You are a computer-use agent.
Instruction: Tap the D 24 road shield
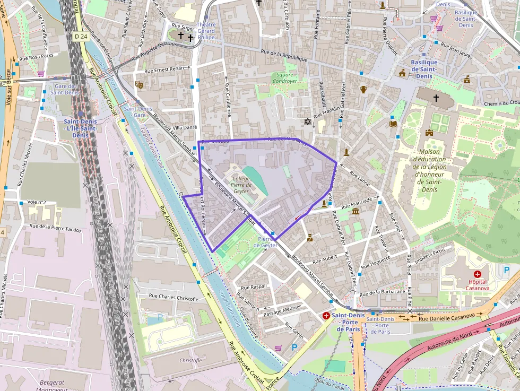click(x=81, y=36)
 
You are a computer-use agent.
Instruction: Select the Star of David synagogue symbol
click(x=307, y=122)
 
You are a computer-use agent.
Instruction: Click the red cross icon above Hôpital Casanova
click(x=478, y=274)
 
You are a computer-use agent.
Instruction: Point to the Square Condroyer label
click(x=284, y=78)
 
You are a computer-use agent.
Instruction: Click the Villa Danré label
click(x=185, y=127)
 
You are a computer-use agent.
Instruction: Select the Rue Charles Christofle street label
click(x=174, y=298)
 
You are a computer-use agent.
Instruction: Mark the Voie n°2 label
click(x=37, y=202)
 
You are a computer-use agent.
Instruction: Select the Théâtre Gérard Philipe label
click(x=206, y=31)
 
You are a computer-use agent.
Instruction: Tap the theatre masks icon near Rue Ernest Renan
click(x=140, y=84)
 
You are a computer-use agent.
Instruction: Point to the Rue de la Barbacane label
click(x=382, y=292)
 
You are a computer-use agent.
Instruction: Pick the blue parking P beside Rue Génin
click(x=294, y=347)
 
